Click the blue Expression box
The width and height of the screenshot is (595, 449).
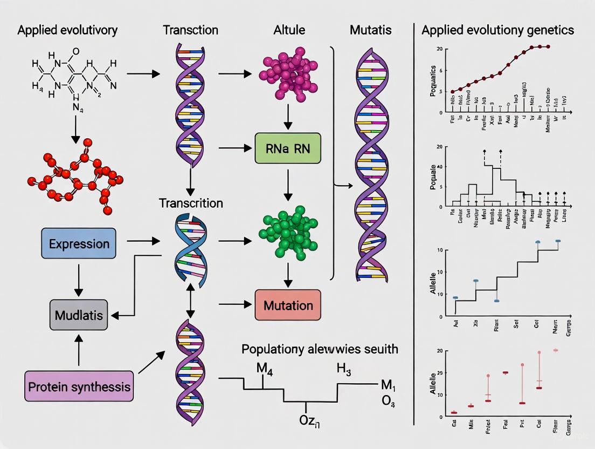pyautogui.click(x=79, y=243)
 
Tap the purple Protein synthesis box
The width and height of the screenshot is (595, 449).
pyautogui.click(x=79, y=386)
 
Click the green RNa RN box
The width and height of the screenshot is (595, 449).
pyautogui.click(x=288, y=148)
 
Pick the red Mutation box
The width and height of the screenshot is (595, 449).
pyautogui.click(x=288, y=305)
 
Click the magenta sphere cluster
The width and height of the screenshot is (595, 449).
pyautogui.click(x=288, y=76)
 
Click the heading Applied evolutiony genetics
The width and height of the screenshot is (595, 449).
pyautogui.click(x=498, y=30)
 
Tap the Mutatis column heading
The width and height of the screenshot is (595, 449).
pyautogui.click(x=371, y=30)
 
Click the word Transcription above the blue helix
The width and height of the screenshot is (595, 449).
pyautogui.click(x=191, y=203)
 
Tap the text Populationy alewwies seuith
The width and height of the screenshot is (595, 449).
pyautogui.click(x=320, y=349)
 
